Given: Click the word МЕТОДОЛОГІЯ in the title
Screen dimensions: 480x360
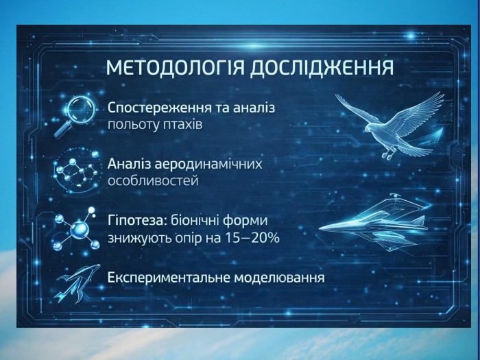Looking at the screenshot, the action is (175, 68).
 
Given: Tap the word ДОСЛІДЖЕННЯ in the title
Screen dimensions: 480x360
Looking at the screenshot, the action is (322, 69).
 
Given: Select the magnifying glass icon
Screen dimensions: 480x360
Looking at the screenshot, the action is (75, 116).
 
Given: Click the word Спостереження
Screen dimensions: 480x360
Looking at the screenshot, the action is (160, 108).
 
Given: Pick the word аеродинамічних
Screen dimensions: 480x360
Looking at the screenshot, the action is (208, 165).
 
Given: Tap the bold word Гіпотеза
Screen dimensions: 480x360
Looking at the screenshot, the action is (137, 221).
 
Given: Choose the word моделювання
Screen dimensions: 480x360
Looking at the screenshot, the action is (280, 278).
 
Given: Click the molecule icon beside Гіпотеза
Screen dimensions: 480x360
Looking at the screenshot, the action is (77, 228).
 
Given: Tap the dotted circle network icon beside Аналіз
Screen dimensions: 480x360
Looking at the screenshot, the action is (76, 171).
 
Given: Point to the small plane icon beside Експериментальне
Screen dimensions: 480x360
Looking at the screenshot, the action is (77, 283).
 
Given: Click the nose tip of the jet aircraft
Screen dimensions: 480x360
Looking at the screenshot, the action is (320, 228).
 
